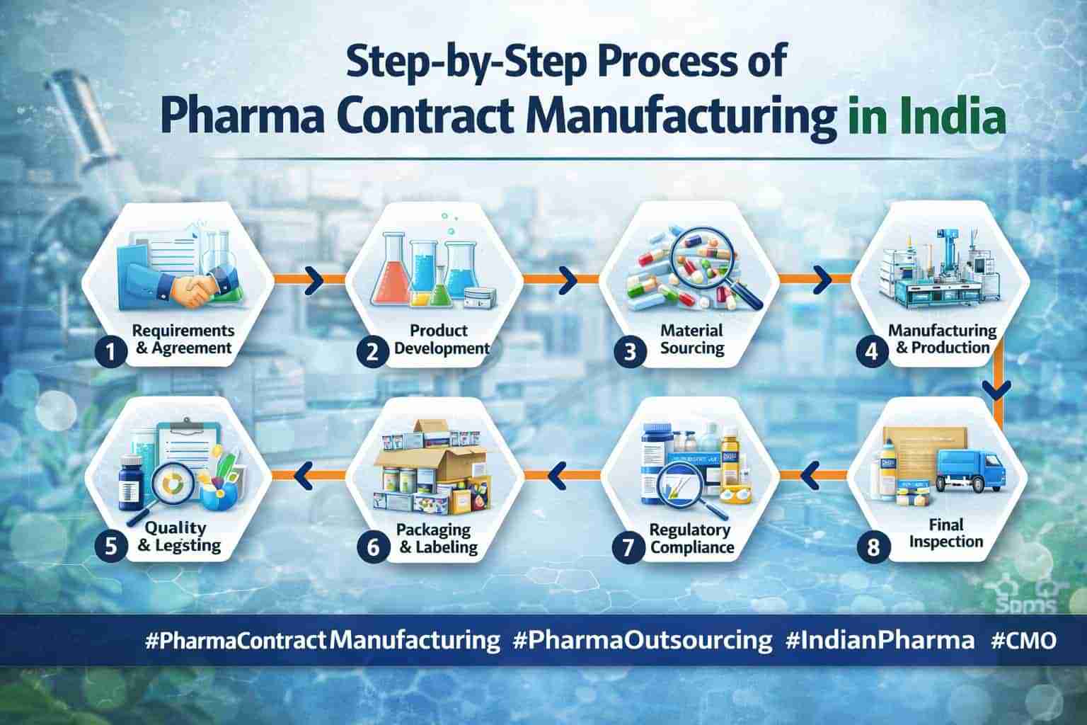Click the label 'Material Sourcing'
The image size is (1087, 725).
tap(691, 339)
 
